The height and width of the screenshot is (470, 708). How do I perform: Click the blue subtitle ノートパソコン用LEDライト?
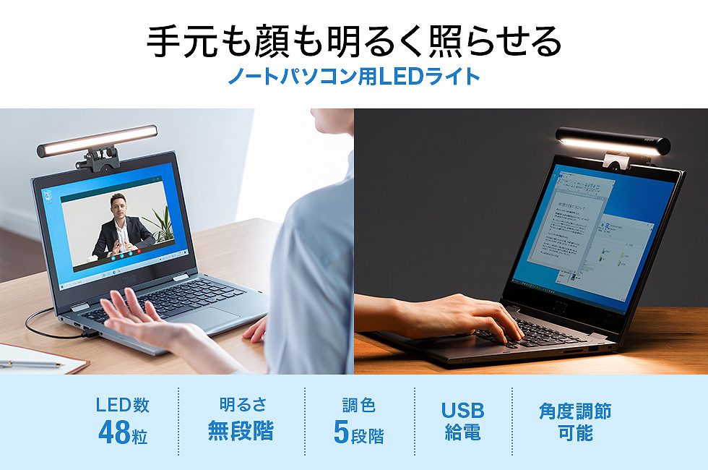[354, 76]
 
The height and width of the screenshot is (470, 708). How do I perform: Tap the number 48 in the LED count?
[113, 432]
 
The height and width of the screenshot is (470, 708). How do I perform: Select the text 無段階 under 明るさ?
[241, 432]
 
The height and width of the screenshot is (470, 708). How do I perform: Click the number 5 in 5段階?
[341, 432]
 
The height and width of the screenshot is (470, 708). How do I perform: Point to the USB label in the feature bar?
[462, 411]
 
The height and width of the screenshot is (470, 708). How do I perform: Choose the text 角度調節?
[574, 411]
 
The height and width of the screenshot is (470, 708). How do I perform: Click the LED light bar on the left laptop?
[98, 139]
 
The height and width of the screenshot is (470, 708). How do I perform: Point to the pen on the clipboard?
[29, 364]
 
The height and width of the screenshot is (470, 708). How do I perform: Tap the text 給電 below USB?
[462, 433]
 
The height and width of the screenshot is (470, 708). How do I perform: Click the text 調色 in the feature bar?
[359, 406]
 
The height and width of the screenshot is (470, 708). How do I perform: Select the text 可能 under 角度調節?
[574, 433]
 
